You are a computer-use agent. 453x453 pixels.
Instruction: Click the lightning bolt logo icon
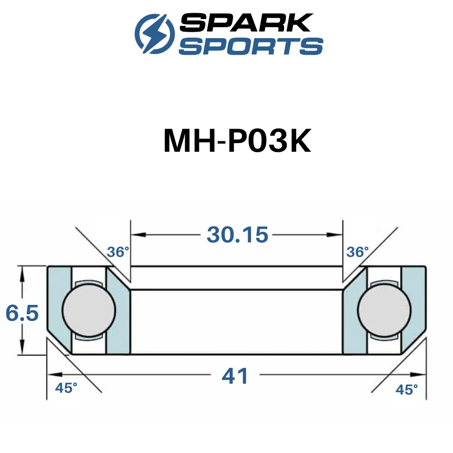pyautogui.click(x=155, y=34)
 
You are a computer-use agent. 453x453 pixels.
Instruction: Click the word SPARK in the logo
pyautogui.click(x=246, y=23)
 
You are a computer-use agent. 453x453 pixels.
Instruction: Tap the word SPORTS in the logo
pyautogui.click(x=251, y=46)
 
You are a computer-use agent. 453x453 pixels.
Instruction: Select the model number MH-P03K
pyautogui.click(x=237, y=141)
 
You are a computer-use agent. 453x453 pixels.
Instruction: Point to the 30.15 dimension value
pyautogui.click(x=237, y=235)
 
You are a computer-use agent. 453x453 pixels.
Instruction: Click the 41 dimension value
pyautogui.click(x=235, y=376)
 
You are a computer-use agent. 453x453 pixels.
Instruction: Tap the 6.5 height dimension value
pyautogui.click(x=22, y=313)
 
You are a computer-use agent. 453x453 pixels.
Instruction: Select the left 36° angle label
pyautogui.click(x=118, y=252)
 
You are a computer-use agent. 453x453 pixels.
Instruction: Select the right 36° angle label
pyautogui.click(x=357, y=252)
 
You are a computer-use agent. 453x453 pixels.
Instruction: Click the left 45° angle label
pyautogui.click(x=66, y=388)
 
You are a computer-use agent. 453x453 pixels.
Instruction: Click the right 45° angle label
pyautogui.click(x=406, y=390)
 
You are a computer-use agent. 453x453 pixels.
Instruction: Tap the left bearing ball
pyautogui.click(x=89, y=310)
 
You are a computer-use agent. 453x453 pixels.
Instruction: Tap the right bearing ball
pyautogui.click(x=384, y=310)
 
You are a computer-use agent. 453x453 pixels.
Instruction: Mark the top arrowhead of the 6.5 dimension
pyautogui.click(x=22, y=274)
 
